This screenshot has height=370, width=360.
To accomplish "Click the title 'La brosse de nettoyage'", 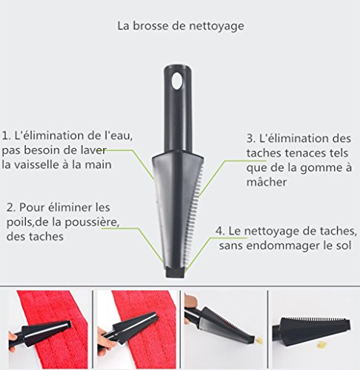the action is pos(181,26).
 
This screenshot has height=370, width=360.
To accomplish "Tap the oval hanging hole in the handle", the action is pos(177,81).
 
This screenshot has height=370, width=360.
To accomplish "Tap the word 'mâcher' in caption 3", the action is pos(267,182).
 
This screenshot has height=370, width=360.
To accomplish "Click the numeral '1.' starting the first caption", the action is pos(6,136).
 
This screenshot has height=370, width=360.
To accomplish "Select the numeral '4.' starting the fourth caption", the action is pos(220,231).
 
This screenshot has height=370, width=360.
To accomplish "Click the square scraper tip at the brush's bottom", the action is pos(175,272).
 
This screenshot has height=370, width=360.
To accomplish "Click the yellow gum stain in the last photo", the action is pos(322,344).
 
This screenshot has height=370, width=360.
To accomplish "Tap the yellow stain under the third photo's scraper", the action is pos(259,340).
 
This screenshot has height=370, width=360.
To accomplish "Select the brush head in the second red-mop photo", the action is pos(135,326).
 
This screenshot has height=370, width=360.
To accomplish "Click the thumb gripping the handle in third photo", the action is pos(191,300).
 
